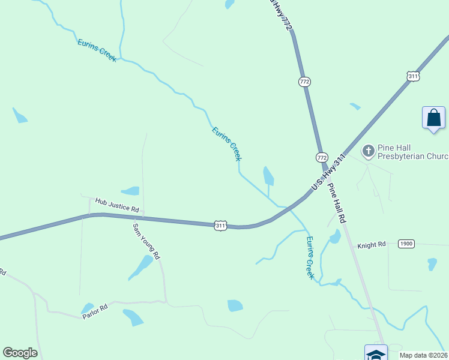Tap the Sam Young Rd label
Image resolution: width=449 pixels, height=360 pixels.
(x=146, y=241)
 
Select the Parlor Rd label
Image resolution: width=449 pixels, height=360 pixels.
(x=95, y=310)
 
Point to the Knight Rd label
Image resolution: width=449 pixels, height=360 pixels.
(x=372, y=245)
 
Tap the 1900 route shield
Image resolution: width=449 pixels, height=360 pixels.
(x=406, y=244)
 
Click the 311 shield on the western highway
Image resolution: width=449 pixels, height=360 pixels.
(x=221, y=225)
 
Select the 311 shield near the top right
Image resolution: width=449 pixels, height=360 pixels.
(x=412, y=76)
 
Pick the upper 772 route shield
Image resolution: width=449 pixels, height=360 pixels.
(x=305, y=81)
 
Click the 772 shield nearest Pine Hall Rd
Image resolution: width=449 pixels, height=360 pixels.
(x=322, y=157)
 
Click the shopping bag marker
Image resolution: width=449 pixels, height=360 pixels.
(x=433, y=118)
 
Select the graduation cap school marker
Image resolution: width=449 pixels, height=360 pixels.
(x=376, y=353)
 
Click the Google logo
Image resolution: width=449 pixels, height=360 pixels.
(x=20, y=353)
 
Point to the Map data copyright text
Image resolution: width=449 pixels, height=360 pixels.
(x=424, y=355)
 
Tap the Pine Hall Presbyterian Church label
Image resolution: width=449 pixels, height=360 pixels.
(x=412, y=152)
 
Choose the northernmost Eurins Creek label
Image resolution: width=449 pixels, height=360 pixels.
(x=97, y=50)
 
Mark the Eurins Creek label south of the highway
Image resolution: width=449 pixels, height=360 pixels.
(x=310, y=257)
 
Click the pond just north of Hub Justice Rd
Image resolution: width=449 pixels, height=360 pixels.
(x=130, y=191)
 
